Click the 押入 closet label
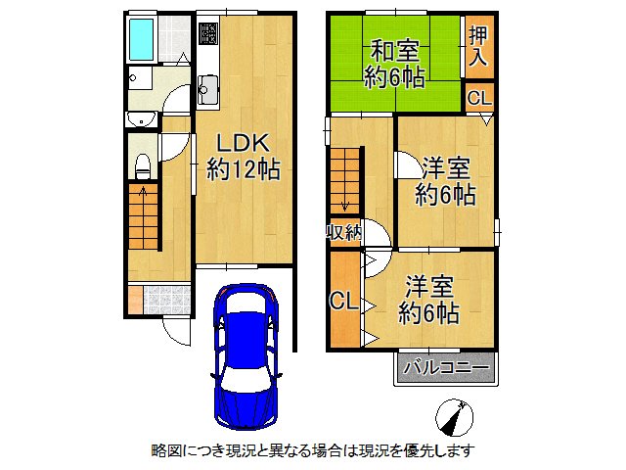(477, 47)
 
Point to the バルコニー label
(446, 369)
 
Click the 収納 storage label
(343, 232)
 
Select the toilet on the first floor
(141, 164)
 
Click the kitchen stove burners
(209, 35)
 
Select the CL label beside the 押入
(477, 97)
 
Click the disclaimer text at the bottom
(313, 450)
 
